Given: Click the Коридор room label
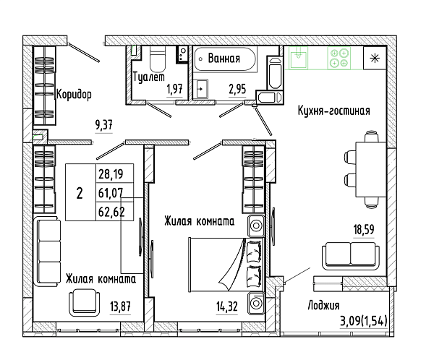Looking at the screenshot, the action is coord(74,95).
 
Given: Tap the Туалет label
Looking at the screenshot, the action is coord(149,77).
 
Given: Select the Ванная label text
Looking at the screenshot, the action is coord(224,59).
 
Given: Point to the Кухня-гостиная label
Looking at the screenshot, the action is coord(333,111).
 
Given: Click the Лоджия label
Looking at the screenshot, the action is coord(323,306).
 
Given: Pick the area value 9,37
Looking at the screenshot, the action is coord(103,125).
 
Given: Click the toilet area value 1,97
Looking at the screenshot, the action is coord(174,89).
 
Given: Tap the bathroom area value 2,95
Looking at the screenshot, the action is coord(237,89).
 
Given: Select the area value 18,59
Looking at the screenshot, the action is coord(364,229).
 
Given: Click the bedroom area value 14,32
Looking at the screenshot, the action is coord(227,307).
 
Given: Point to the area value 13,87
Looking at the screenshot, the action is coord(120,307).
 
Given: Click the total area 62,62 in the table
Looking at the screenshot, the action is coord(111,212).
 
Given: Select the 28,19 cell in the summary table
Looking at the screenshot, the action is coord(111,174).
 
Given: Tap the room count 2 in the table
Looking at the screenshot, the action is coord(80,193).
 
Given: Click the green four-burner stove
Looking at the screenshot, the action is coord(339,58).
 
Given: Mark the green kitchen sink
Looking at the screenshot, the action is coord(298,58).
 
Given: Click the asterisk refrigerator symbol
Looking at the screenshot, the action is coord(375,58).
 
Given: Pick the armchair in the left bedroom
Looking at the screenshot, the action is coord(84,303).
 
